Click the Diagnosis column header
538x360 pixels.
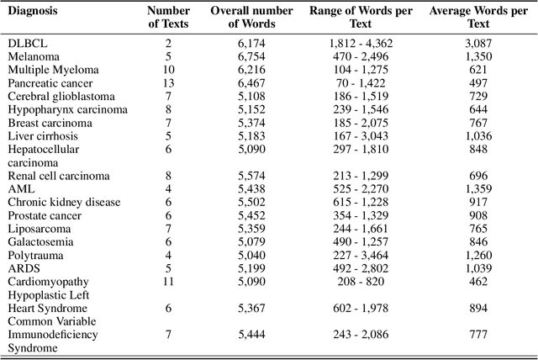[x=33, y=11]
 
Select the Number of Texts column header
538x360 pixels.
[x=169, y=17]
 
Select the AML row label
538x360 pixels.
[x=21, y=189]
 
